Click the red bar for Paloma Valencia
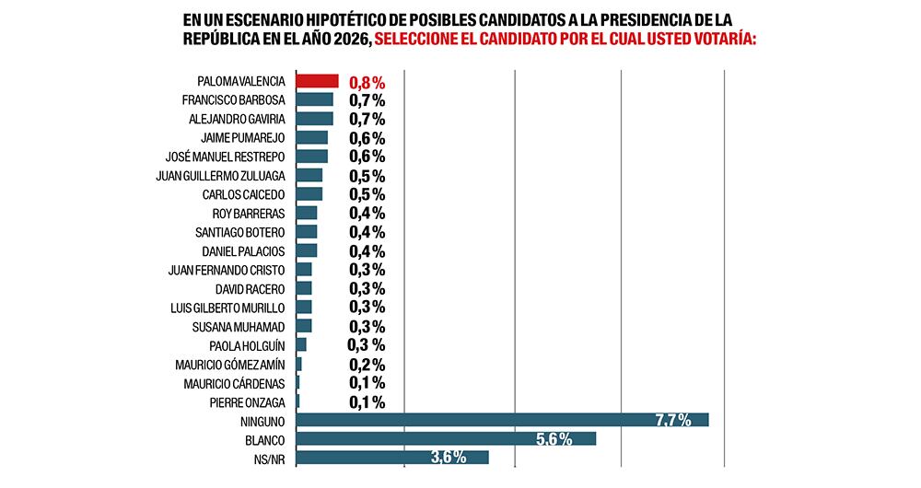coord(317,81)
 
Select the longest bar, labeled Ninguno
coord(502,420)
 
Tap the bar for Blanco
coord(446,438)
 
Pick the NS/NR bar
coord(391,458)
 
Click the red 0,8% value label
coord(367,82)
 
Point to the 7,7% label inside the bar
coord(673,420)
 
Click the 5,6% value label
coord(554,439)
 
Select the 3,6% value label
coord(449,458)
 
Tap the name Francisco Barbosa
coord(233,100)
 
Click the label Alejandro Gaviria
coord(237,119)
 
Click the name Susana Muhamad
coord(239,326)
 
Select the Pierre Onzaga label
coord(247,401)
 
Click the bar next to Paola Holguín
coord(301,344)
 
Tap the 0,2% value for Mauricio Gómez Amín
coord(367,365)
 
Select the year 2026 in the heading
coord(349,40)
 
